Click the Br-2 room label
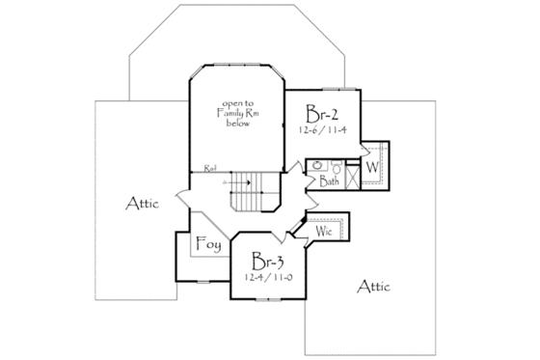[322, 109]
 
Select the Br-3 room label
[265, 262]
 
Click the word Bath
[330, 180]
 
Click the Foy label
[208, 245]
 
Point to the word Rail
[209, 169]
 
